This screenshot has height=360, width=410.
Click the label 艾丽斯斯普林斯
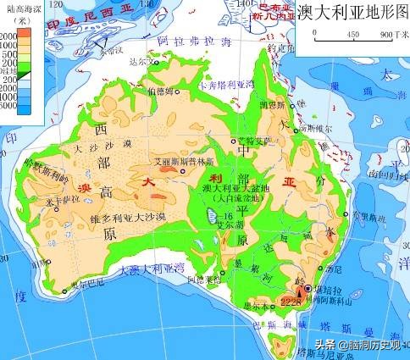point(180,159)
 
